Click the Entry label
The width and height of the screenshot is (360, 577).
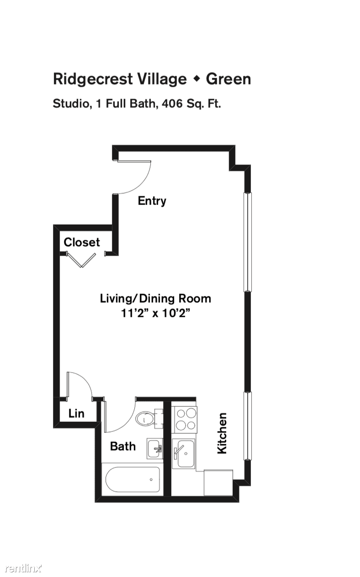coord(152,201)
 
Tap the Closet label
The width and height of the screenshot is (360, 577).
coord(82,242)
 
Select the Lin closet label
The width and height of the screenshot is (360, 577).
coord(76,413)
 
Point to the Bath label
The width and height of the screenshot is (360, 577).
coord(123,446)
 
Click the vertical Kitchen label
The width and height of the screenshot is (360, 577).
coord(222,433)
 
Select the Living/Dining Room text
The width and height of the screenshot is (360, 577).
coord(155,299)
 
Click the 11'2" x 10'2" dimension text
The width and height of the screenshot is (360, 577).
coord(155,313)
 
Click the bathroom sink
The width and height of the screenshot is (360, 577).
coord(155,448)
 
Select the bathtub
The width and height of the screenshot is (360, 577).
coord(132,479)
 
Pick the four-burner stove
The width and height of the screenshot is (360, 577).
coord(185,420)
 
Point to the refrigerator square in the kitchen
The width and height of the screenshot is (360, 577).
coord(218,483)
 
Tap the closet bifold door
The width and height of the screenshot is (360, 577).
coord(81,260)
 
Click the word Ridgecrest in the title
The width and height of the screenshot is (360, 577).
coord(93,79)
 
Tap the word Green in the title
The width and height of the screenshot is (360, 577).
coord(228,79)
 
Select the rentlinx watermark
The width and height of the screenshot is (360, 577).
coord(23,568)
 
